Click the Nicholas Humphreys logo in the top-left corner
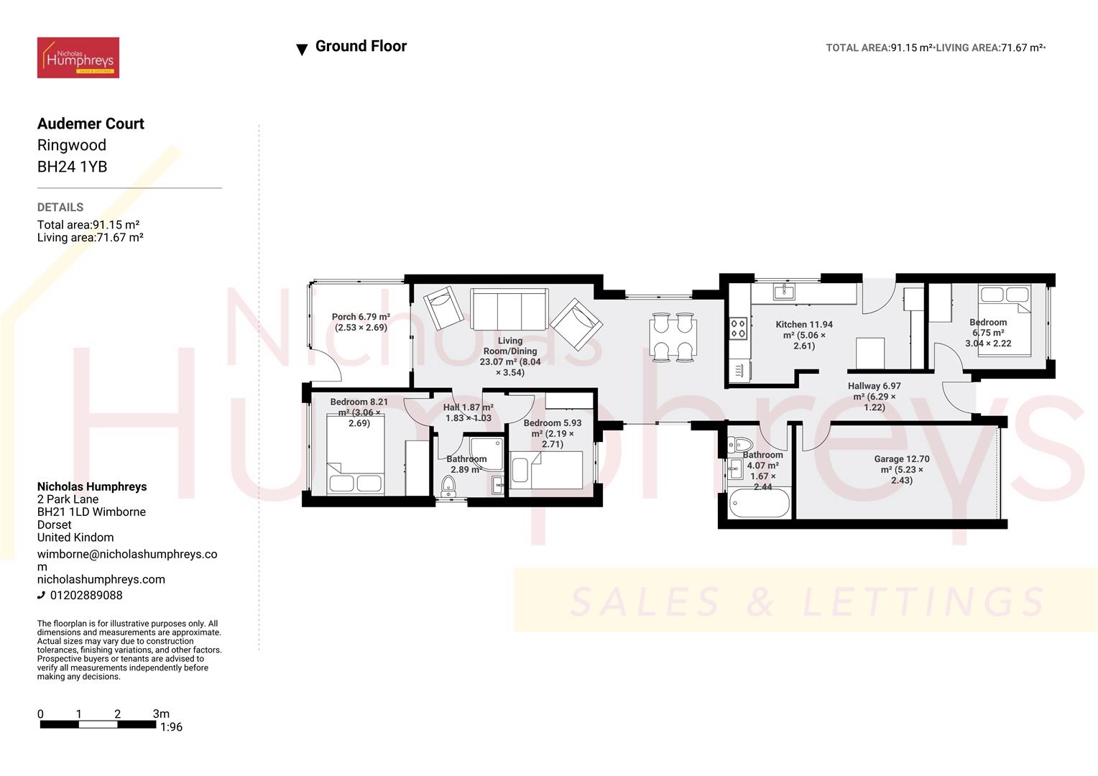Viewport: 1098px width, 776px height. tap(78, 57)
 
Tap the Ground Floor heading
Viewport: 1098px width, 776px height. tap(361, 47)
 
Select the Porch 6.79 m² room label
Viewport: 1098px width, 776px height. tap(361, 322)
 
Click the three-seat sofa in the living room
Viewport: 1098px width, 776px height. tap(509, 309)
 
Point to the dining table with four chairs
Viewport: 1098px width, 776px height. tap(673, 336)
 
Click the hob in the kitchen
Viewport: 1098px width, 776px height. tap(738, 328)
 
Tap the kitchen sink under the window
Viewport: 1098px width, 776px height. tap(783, 291)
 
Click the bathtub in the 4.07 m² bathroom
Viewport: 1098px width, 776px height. tap(759, 503)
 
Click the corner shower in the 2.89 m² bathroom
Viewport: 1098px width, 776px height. tap(488, 451)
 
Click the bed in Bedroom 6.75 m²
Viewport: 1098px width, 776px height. tap(1005, 320)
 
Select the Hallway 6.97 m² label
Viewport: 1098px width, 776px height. tap(874, 397)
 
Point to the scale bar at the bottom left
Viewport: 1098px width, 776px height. tap(98, 724)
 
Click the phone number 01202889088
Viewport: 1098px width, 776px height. tap(86, 595)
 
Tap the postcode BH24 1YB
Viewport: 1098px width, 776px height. tap(72, 167)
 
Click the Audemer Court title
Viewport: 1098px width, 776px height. tap(91, 124)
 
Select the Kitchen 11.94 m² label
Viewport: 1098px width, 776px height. tap(804, 335)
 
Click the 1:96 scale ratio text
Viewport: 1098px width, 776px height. tap(171, 727)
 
